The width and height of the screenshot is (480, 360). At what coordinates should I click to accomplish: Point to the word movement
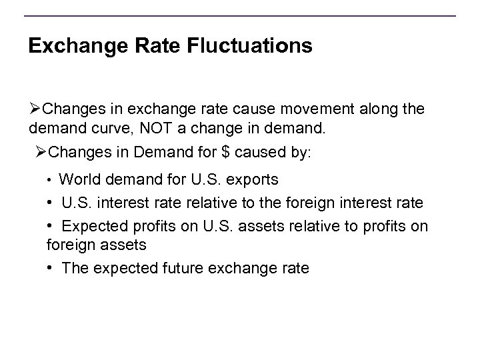(300, 109)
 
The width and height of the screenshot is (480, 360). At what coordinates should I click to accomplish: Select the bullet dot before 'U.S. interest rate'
(51, 203)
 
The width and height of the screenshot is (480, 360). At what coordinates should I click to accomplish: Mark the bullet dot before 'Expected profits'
(51, 225)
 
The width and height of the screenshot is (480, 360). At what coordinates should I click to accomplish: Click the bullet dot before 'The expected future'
(51, 269)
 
